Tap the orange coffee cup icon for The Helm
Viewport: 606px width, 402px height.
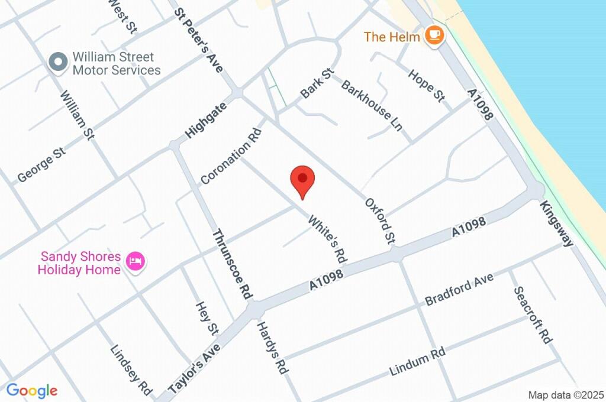pos(436,35)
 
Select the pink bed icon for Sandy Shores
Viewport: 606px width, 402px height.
pos(137,260)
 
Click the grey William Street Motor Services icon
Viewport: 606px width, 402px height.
pos(58,63)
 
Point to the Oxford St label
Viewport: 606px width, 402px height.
pos(380,221)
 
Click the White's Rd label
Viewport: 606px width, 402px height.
pos(327,238)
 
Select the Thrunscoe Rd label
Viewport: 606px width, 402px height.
pos(233,263)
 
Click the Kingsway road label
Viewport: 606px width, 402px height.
pos(556,223)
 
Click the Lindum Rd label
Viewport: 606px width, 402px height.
pos(417,362)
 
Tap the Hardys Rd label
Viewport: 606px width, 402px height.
pos(272,347)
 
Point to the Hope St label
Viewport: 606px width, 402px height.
pos(426,85)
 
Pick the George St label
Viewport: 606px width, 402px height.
pos(41,165)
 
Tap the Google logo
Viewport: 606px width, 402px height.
pos(31,390)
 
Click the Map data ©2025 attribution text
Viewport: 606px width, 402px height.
pos(566,395)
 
